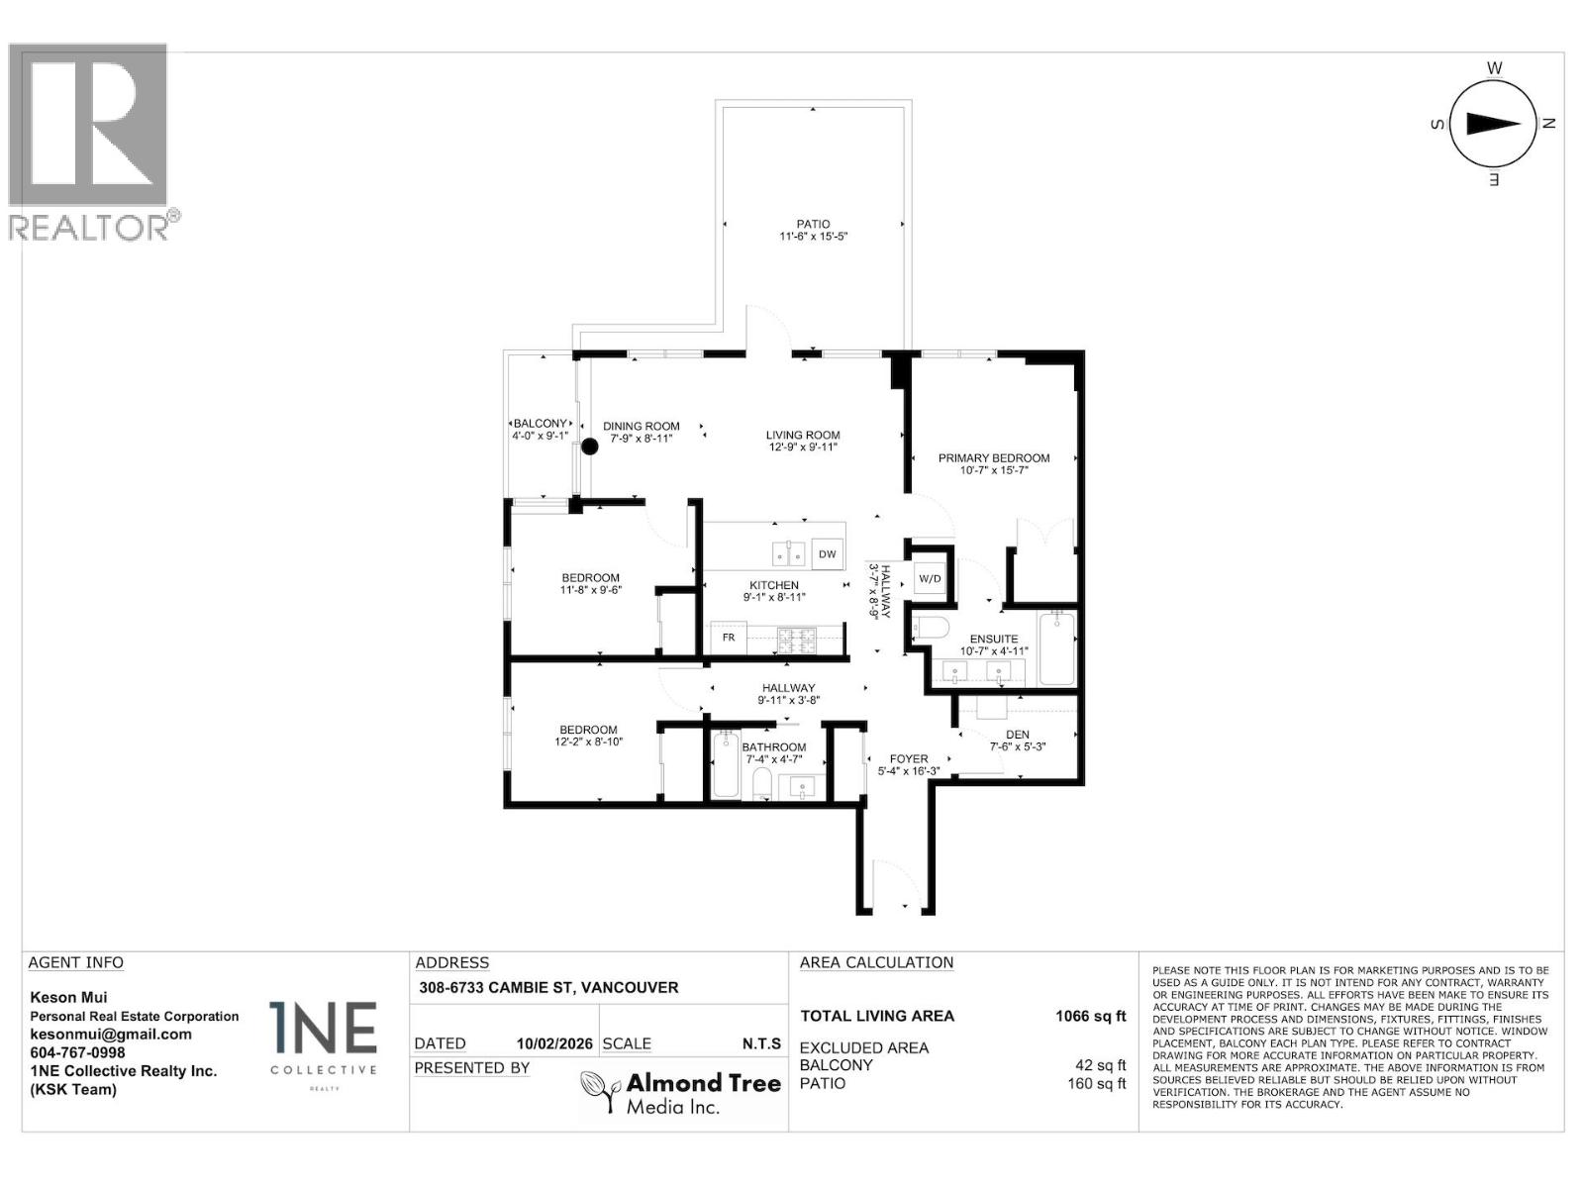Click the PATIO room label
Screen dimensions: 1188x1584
click(x=813, y=225)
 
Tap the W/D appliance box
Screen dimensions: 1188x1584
click(x=930, y=578)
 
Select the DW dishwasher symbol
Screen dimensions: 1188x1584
click(x=828, y=554)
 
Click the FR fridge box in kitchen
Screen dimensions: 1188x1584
click(x=729, y=638)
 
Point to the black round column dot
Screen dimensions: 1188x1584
click(x=589, y=446)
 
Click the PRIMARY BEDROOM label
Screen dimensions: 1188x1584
click(x=994, y=458)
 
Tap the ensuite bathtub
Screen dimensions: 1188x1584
click(x=1056, y=649)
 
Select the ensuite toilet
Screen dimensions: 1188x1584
click(x=932, y=628)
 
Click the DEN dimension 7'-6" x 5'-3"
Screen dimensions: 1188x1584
click(x=1018, y=746)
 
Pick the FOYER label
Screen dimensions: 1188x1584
click(x=909, y=759)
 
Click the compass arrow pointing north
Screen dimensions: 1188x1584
click(x=1492, y=124)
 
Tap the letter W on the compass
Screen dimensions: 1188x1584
click(x=1495, y=68)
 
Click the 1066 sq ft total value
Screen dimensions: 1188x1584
click(x=1090, y=1016)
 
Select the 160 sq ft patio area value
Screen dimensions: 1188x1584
click(x=1096, y=1083)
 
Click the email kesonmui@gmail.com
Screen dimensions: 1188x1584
click(x=111, y=1035)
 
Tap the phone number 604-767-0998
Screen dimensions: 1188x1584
click(x=78, y=1052)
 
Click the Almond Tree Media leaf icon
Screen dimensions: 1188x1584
click(x=599, y=1091)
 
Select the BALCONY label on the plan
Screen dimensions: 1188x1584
click(x=540, y=424)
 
